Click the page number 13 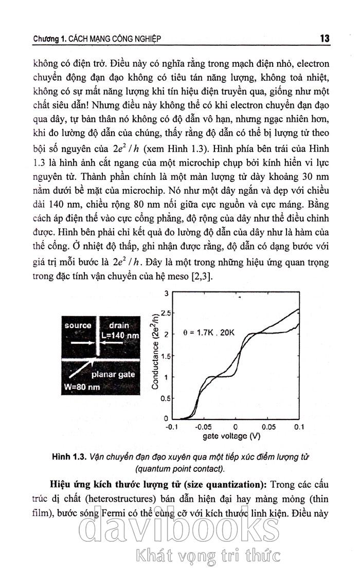pyautogui.click(x=324, y=39)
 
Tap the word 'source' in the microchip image pyautogui.click(x=78, y=325)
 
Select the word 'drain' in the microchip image pyautogui.click(x=119, y=325)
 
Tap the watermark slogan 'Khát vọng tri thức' pyautogui.click(x=206, y=556)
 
